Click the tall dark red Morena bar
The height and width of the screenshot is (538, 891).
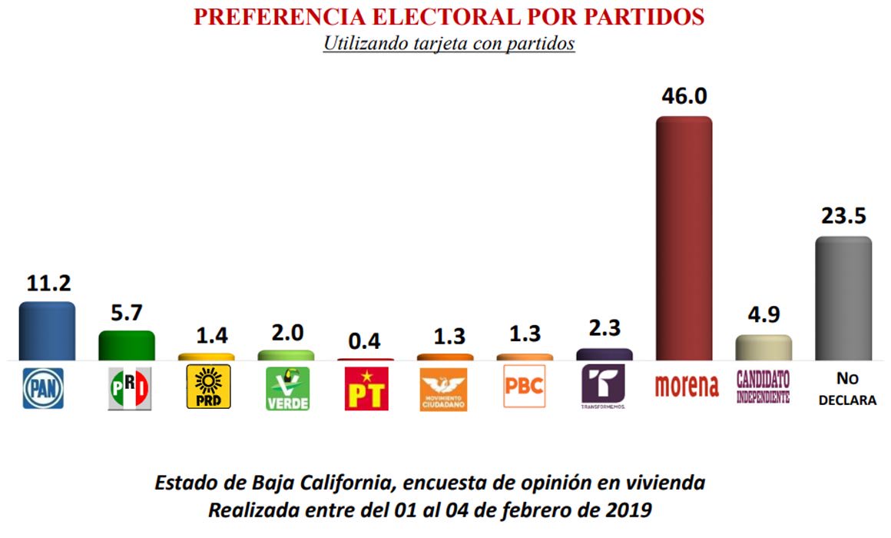pyautogui.click(x=684, y=238)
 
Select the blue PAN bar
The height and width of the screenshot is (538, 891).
pyautogui.click(x=47, y=331)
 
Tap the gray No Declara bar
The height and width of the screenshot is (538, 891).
pyautogui.click(x=843, y=298)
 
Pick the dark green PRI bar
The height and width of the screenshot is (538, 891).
pyautogui.click(x=126, y=345)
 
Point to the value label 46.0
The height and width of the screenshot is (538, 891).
pyautogui.click(x=684, y=96)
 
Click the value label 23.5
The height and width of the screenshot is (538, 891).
pyautogui.click(x=844, y=216)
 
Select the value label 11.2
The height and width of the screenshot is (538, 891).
pyautogui.click(x=49, y=283)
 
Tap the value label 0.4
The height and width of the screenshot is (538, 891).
pyautogui.click(x=364, y=340)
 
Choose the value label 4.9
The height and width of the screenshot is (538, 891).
pyautogui.click(x=763, y=314)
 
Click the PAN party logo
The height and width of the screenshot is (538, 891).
pyautogui.click(x=43, y=388)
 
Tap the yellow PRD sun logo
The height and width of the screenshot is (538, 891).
pyautogui.click(x=209, y=387)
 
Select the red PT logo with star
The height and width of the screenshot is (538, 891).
pyautogui.click(x=366, y=388)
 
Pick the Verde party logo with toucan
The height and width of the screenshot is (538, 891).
pyautogui.click(x=288, y=388)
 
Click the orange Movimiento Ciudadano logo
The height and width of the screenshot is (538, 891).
pyautogui.click(x=443, y=390)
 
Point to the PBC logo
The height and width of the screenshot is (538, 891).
pyautogui.click(x=525, y=386)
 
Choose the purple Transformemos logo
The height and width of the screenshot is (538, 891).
pyautogui.click(x=604, y=387)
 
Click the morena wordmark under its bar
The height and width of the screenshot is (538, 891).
pyautogui.click(x=687, y=386)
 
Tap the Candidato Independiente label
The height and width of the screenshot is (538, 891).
pyautogui.click(x=763, y=387)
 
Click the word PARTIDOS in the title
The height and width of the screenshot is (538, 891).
pyautogui.click(x=644, y=16)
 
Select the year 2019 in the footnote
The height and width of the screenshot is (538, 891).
pyautogui.click(x=628, y=510)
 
